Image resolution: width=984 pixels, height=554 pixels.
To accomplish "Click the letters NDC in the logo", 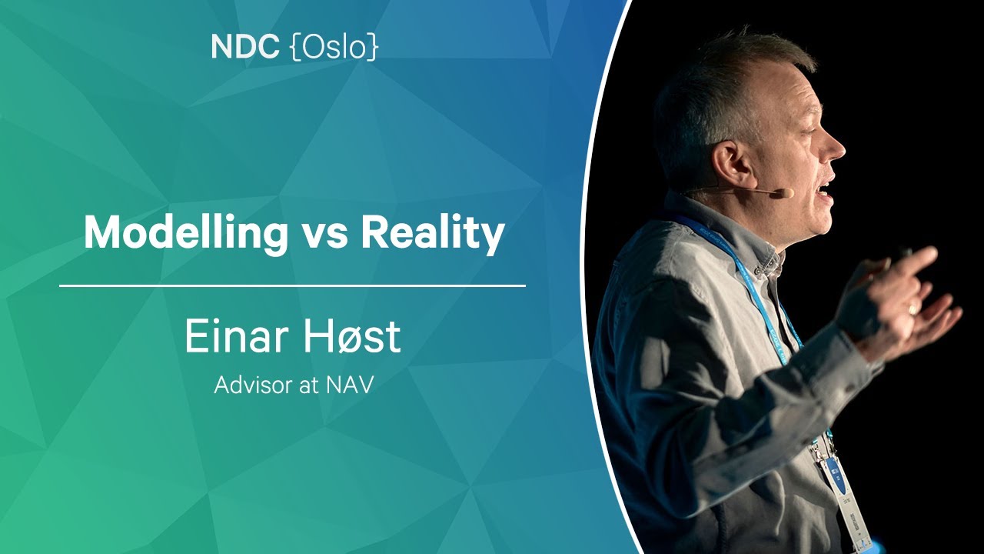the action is [244, 47].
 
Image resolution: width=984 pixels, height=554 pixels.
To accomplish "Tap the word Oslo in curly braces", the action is [334, 47].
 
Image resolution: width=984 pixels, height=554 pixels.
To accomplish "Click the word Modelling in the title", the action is [186, 233].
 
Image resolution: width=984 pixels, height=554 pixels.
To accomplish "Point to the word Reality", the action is [433, 234].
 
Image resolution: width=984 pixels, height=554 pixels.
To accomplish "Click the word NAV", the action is [350, 385].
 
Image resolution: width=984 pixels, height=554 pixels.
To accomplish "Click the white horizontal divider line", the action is [293, 285].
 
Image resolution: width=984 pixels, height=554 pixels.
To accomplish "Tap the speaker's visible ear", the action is [730, 165].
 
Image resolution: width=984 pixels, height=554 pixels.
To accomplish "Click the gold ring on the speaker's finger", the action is [913, 309].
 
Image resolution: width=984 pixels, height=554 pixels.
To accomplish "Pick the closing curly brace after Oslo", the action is [373, 47].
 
